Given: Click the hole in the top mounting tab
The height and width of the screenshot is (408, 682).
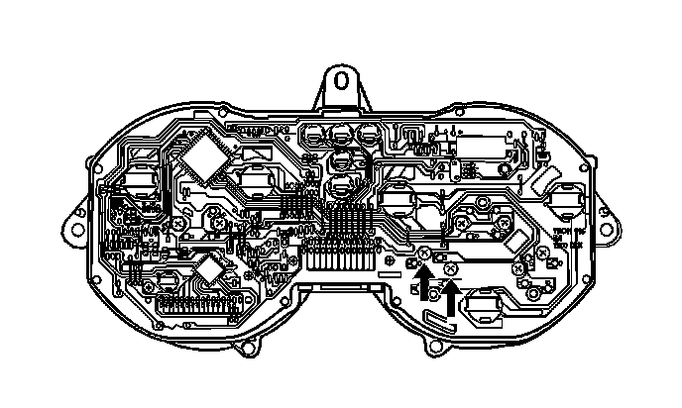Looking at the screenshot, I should [x=341, y=78].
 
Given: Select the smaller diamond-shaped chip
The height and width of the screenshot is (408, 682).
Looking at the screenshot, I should [x=210, y=268].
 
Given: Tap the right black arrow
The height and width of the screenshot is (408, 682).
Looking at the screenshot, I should [x=451, y=295].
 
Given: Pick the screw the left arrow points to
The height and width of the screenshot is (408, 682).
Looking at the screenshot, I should [x=423, y=255].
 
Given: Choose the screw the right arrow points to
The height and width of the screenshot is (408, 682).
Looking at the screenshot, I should [x=451, y=266].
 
